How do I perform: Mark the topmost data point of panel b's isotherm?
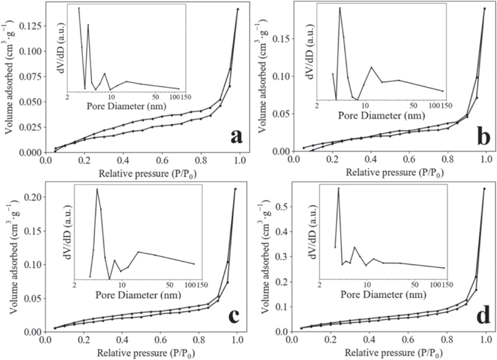point(484,8)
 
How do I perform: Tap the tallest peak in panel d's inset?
point(338,188)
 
